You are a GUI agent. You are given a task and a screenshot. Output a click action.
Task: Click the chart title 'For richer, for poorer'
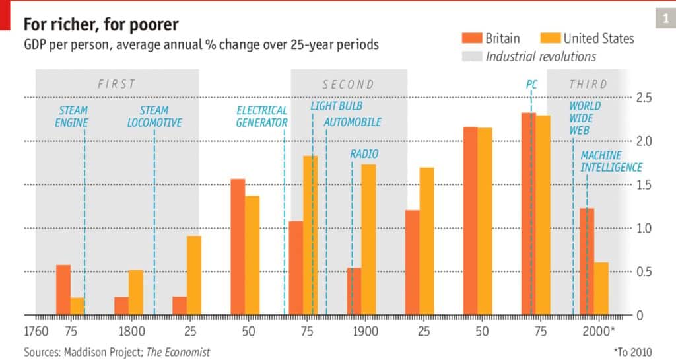[101, 24]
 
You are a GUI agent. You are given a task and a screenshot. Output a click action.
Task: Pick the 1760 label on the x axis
[36, 332]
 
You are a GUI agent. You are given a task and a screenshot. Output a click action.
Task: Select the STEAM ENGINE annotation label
[71, 116]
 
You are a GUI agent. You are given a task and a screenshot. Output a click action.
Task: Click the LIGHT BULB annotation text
[337, 106]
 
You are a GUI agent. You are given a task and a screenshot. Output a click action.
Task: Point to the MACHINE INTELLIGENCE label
[611, 161]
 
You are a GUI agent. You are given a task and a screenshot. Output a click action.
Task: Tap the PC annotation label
[531, 85]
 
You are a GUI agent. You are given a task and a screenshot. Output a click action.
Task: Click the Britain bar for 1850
[238, 247]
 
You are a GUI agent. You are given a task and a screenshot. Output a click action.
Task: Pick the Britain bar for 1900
[354, 291]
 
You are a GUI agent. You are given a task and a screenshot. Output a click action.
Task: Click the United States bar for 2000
[601, 289]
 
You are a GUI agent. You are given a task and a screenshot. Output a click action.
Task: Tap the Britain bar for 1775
[63, 289]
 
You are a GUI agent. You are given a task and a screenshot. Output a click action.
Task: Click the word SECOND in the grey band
[348, 85]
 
